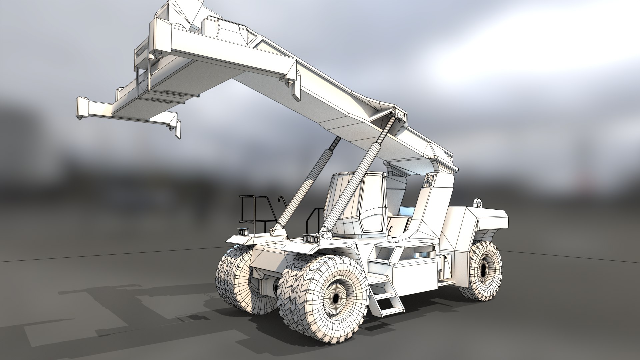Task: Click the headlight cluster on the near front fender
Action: click(x=311, y=238)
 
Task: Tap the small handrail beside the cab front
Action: click(x=317, y=218)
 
